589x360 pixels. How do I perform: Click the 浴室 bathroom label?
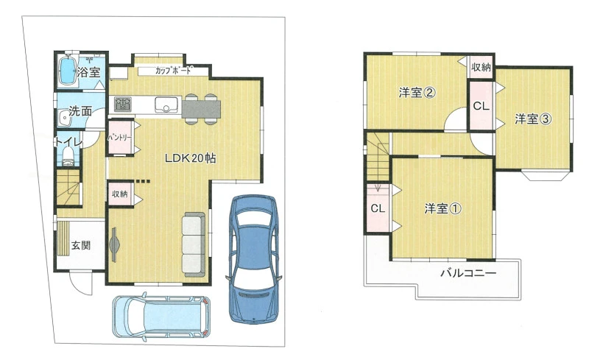coord(89,72)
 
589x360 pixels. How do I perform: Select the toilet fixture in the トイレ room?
coord(68,156)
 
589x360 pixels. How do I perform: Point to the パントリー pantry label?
coord(119,137)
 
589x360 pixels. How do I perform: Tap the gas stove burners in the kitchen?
coord(123,104)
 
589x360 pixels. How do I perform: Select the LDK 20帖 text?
coord(191,158)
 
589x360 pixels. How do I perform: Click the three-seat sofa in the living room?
coord(194,244)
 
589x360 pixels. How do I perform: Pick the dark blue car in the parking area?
coord(254,258)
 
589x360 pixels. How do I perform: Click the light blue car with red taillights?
coord(161,317)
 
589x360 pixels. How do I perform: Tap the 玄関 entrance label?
coord(81,245)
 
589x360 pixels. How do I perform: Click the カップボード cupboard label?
coord(173,70)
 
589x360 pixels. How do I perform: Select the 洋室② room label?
coord(417,93)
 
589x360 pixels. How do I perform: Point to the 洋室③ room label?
coord(533,119)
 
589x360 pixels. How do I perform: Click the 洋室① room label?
coord(443,208)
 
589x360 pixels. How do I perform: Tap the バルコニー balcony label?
coord(468,273)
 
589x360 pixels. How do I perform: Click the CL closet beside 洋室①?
coord(378,208)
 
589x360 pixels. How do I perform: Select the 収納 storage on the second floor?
coord(481,67)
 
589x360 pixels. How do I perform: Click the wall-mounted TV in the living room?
coord(114,244)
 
